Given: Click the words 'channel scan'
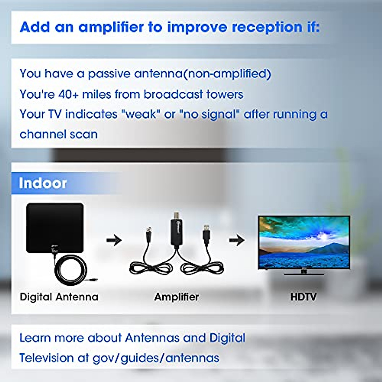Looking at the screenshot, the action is pos(59,134).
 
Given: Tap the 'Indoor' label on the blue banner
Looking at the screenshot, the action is pos(43,183).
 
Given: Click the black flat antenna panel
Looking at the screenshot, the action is pos(55,228).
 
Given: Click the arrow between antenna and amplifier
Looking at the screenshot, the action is pos(114,240).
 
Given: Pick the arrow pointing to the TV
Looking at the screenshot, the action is pos(237,240).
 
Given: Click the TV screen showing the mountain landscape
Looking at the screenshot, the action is pos(304,242).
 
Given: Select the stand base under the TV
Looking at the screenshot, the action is pos(304,274).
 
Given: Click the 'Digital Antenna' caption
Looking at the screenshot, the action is pos(59,297).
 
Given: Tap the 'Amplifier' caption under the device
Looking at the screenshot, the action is pos(176,297).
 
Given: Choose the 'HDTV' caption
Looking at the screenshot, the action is pos(303,297).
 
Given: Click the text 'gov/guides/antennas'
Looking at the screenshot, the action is pos(156,358).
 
